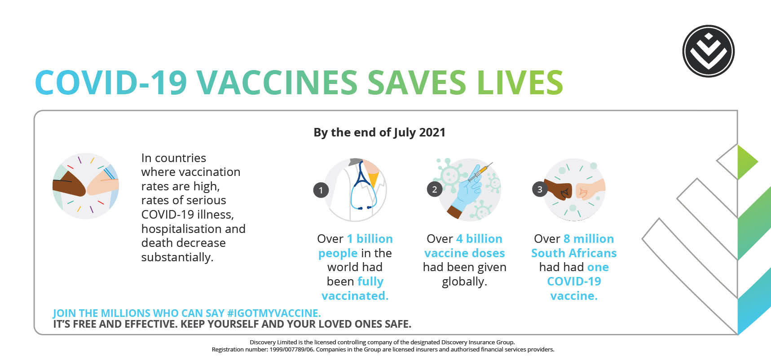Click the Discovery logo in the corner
708,51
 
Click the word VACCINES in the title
277,83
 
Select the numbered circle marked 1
321,190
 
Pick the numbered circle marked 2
434,189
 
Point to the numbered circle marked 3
540,189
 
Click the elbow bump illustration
86,186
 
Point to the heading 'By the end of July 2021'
379,132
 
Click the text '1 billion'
370,238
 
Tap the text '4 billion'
479,238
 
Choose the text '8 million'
589,238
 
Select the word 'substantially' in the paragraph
177,257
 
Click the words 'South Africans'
574,253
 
